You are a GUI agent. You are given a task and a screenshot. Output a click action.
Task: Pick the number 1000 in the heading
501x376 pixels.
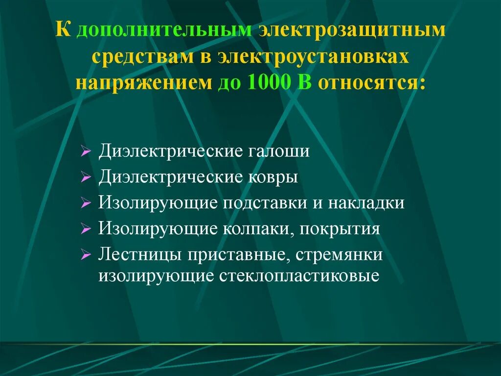[263, 82]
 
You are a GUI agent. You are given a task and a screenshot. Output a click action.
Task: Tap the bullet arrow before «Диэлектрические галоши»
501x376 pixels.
[86, 152]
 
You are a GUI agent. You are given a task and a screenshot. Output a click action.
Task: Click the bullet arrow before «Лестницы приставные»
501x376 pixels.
[86, 255]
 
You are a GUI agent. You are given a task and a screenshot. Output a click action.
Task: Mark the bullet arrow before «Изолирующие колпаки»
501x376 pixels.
[86, 229]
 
